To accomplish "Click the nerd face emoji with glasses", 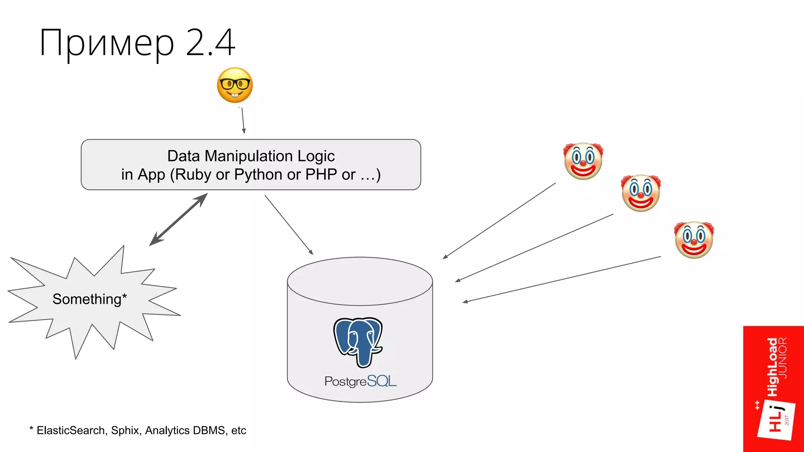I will click(235, 85).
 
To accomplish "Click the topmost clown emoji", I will click(583, 161).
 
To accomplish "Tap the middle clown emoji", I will click(641, 193).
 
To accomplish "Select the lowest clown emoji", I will click(694, 240).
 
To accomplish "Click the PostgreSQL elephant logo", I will click(358, 341).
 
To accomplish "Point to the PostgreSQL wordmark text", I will click(360, 381).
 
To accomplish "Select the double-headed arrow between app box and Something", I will click(179, 219).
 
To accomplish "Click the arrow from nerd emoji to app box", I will click(243, 121).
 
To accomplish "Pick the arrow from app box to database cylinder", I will click(289, 225).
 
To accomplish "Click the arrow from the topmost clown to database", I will click(499, 221).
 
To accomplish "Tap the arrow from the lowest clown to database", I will click(561, 279).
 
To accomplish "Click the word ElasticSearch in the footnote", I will click(71, 430).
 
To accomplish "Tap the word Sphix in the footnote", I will click(125, 430).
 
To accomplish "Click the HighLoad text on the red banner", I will click(773, 367).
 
